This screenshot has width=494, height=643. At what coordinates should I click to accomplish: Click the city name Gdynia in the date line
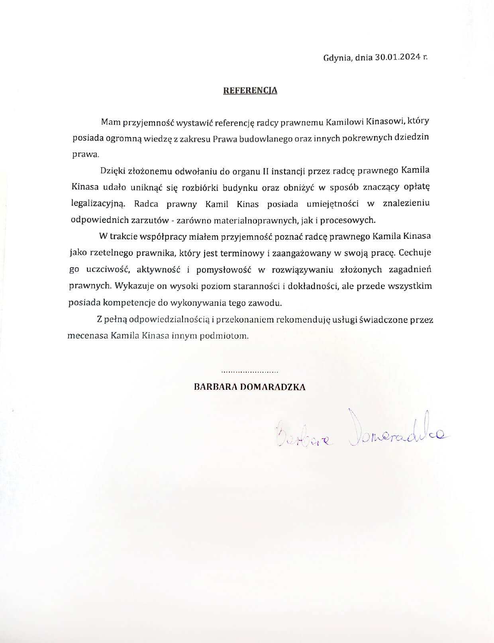click(x=337, y=57)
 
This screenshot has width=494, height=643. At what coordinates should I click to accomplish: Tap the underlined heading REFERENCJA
click(x=250, y=90)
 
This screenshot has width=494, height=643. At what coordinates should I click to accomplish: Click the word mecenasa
click(x=88, y=336)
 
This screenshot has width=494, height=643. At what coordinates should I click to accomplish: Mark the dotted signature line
click(x=250, y=372)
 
